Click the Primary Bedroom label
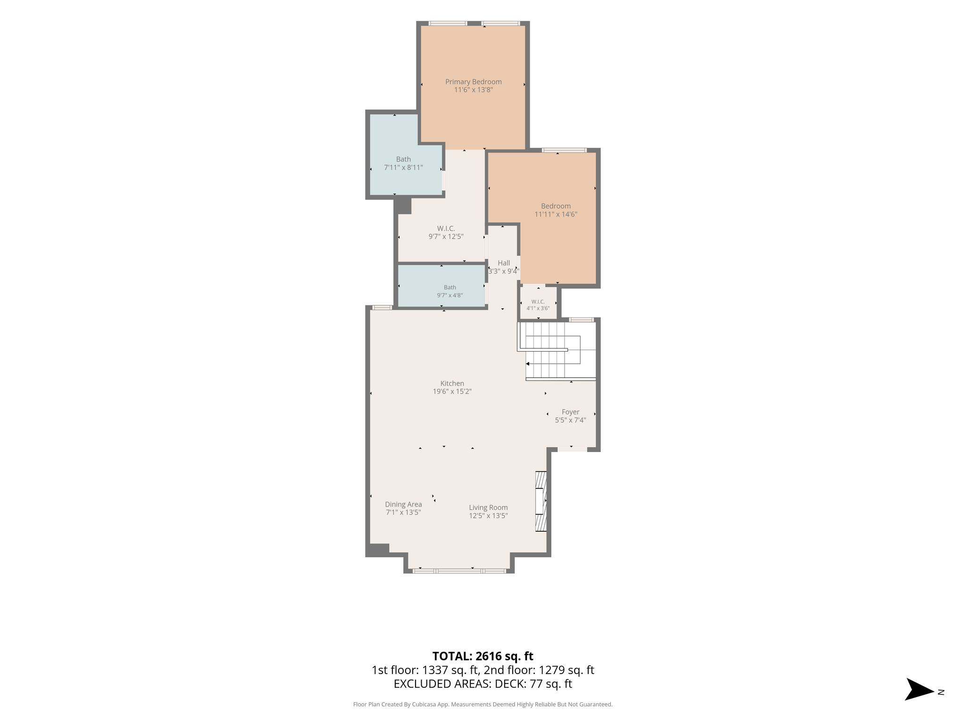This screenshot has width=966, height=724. point(473,82)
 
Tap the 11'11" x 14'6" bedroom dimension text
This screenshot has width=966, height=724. point(556,214)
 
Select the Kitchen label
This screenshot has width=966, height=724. point(452,383)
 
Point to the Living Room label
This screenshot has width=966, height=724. point(488,507)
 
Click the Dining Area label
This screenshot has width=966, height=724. point(403,504)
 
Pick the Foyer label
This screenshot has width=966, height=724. point(570,412)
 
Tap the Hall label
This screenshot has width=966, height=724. point(504,263)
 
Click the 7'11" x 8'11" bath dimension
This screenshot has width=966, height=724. point(403,167)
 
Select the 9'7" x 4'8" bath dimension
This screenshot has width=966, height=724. point(450,296)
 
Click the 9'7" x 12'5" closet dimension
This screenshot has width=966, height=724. point(446,237)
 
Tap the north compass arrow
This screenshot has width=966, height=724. point(919,691)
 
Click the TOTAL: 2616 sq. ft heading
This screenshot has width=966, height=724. point(483,656)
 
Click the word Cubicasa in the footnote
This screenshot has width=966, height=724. point(424,705)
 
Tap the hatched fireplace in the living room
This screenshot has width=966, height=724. point(541,502)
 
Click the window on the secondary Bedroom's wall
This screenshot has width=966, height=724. point(564,150)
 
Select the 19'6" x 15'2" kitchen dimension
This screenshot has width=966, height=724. point(452,391)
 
